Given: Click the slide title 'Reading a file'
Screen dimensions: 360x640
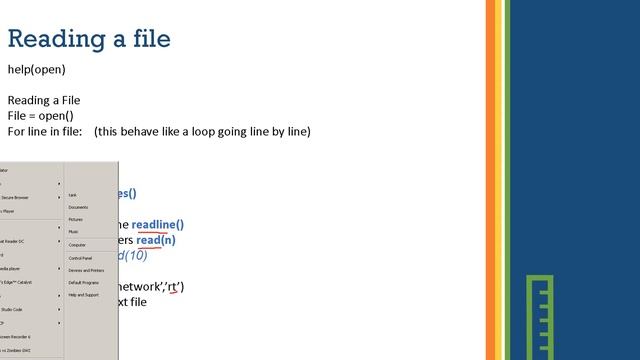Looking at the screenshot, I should point(89,39).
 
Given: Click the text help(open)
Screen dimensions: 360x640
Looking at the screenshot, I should point(36,70).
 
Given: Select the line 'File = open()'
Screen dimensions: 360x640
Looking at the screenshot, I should point(40,116).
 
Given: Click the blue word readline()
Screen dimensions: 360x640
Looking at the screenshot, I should point(158,225).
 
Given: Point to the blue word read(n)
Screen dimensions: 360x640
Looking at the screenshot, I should point(156,240).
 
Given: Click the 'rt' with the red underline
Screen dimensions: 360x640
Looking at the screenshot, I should point(175,287).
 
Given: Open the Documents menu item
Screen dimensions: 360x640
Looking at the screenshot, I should point(78,207).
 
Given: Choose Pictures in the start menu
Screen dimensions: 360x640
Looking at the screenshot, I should point(76,219).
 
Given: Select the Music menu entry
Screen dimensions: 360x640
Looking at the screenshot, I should point(74,232).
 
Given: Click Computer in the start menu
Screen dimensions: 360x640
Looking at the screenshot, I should point(77,245).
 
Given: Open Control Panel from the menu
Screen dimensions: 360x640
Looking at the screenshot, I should point(80,258).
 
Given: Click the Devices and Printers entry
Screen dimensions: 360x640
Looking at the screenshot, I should point(86,270).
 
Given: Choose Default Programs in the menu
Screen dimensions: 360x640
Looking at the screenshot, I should point(84,282).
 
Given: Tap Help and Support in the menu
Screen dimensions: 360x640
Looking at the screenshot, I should point(84,295).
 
